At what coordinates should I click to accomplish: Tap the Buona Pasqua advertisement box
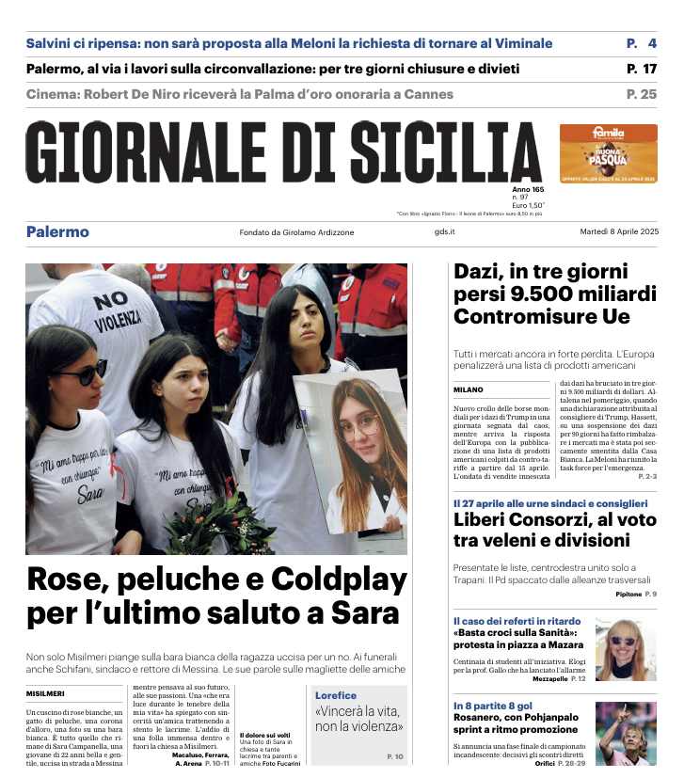(x=608, y=153)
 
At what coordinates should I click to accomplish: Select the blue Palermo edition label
(x=57, y=232)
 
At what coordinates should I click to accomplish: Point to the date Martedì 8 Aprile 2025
(x=618, y=232)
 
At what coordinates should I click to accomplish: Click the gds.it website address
(x=444, y=232)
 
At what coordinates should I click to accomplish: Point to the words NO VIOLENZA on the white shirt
(x=111, y=311)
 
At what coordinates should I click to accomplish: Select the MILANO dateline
(x=468, y=389)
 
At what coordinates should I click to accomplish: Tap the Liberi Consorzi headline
(x=542, y=531)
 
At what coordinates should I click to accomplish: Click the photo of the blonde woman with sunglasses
(x=625, y=648)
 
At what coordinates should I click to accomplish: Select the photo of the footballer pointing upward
(x=625, y=733)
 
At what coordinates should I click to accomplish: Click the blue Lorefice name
(x=336, y=695)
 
